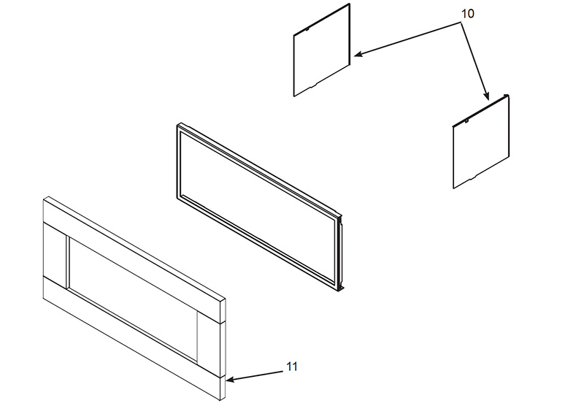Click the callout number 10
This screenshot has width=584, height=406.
468,14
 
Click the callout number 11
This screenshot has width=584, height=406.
293,367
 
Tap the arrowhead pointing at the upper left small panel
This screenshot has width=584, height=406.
358,54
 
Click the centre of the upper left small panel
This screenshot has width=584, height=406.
322,50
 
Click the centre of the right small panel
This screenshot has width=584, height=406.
481,142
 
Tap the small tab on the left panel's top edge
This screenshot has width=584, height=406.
307,29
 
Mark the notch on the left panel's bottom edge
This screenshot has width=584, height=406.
314,85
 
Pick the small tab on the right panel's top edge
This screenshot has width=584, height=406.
466,120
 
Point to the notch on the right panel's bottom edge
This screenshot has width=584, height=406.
473,177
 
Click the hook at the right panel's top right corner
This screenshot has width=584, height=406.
506,96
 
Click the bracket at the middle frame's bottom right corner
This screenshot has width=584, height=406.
342,288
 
